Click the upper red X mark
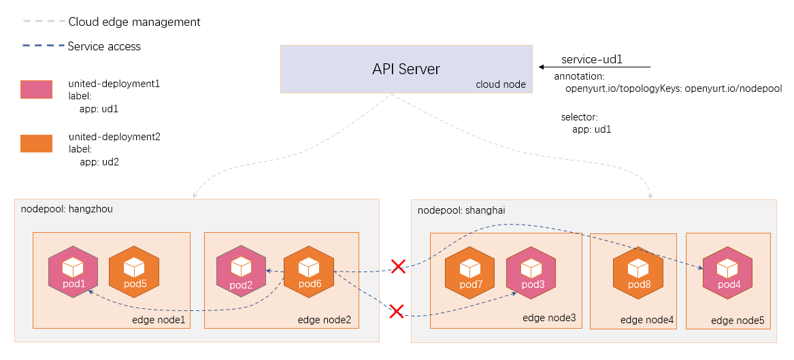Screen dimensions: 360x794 pos(398,266)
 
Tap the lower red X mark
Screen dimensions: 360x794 pos(396,312)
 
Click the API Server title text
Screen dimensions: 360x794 pos(406,69)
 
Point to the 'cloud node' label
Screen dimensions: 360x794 pos(501,84)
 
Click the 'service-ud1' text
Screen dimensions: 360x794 pos(591,60)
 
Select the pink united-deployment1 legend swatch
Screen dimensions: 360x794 pos(36,90)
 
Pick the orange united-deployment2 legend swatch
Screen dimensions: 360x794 pos(36,143)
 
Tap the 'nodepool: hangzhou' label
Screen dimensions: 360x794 pos(67,209)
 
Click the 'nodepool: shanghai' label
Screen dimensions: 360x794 pos(461,210)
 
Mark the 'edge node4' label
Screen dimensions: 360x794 pos(646,320)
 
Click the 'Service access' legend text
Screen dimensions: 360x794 pos(104,46)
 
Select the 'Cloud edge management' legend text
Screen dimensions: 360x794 pos(134,22)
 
